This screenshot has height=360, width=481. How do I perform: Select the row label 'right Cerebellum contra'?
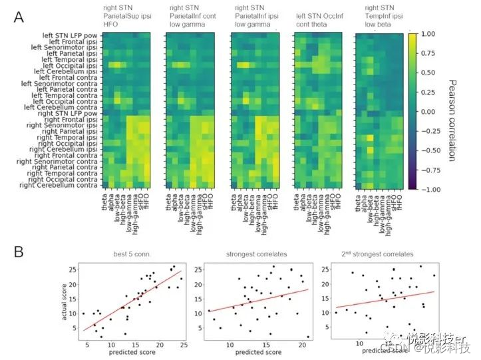point(59,185)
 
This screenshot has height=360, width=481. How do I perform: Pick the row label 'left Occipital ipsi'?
point(68,65)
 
